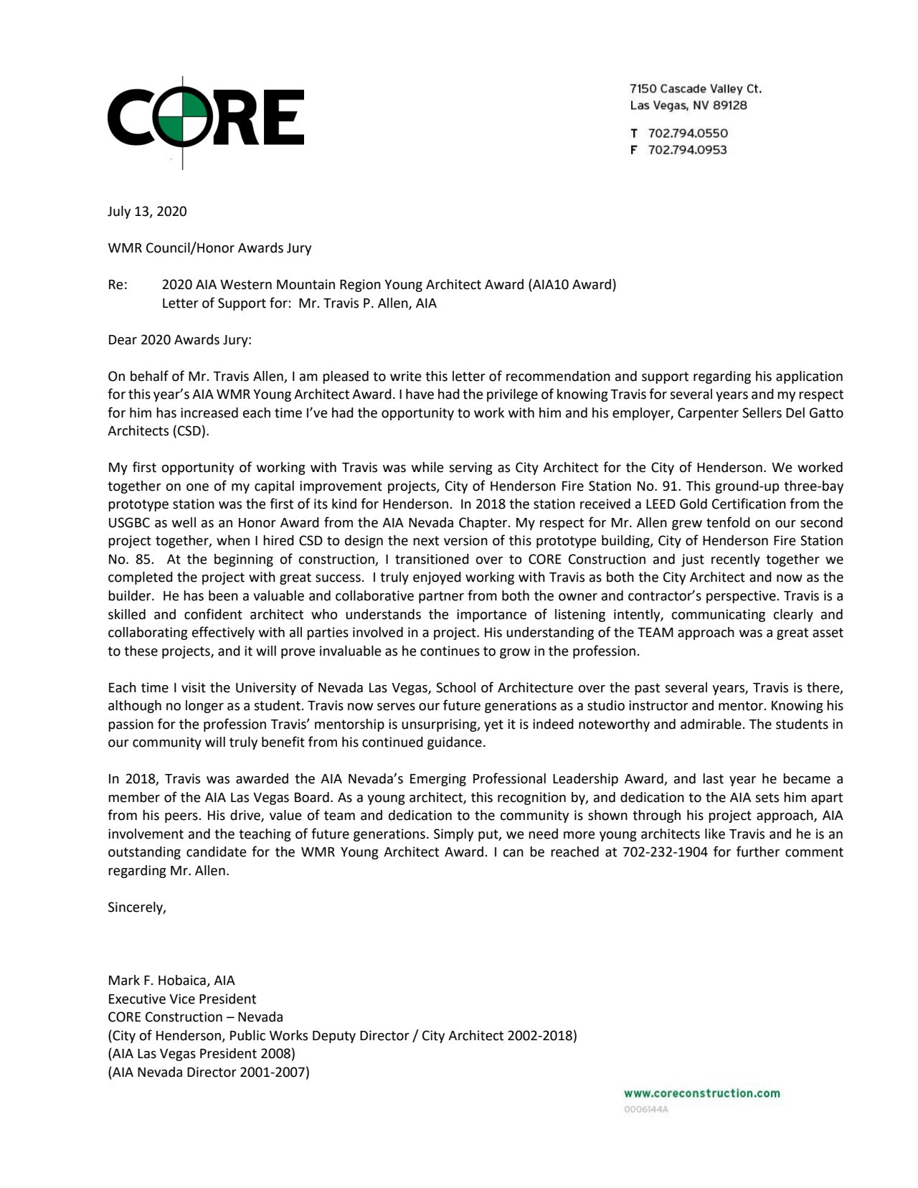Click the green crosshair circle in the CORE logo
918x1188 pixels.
(182, 116)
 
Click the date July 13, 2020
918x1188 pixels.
(147, 211)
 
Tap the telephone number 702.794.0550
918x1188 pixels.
(687, 133)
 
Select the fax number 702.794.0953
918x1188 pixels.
(687, 149)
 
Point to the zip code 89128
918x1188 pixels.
(730, 105)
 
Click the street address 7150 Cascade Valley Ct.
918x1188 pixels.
(695, 89)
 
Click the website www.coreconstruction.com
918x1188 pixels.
(701, 1093)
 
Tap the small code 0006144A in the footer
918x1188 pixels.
(646, 1109)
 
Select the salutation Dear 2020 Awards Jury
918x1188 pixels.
(179, 339)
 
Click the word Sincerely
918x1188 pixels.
(136, 907)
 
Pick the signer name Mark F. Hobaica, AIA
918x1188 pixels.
(171, 980)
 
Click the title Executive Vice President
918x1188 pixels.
(181, 999)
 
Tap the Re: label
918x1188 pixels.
(118, 284)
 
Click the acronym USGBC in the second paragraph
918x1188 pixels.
(127, 522)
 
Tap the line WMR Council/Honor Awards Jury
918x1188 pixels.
(209, 247)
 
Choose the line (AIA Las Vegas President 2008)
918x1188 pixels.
(201, 1053)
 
